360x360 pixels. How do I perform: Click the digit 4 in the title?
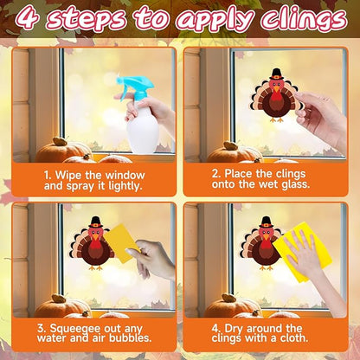coord(29,18)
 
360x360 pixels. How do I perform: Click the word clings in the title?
coord(303,19)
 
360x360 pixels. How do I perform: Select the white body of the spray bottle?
coord(143,128)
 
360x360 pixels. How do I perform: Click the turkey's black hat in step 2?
coord(276,74)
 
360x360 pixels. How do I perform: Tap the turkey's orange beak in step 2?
coord(277,89)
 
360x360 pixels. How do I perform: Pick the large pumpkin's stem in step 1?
coord(60,141)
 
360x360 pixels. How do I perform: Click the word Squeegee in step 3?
coord(75,329)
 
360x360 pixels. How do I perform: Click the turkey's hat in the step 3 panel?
coord(95,222)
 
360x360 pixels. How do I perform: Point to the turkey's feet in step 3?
coord(96,268)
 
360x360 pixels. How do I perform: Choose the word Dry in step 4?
coord(235,329)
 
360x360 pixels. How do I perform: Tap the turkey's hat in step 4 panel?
coord(266,222)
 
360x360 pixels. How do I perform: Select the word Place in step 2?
coord(239,174)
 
